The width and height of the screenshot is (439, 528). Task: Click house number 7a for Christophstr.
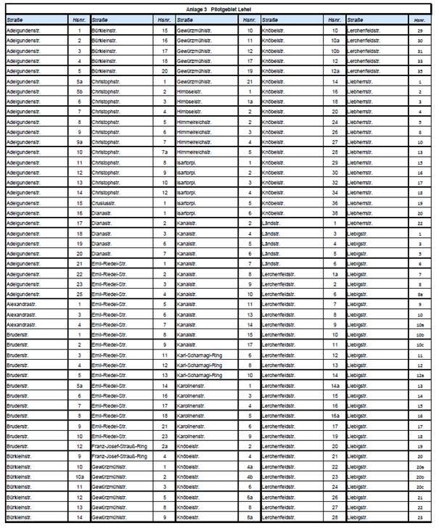[x=165, y=152]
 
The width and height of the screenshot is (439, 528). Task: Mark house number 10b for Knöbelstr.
[x=335, y=51]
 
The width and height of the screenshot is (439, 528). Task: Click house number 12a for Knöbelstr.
[x=335, y=72]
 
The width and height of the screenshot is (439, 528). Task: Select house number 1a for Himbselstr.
[x=250, y=102]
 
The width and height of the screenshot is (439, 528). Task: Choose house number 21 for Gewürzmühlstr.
[x=250, y=82]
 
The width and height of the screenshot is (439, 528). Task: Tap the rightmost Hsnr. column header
[x=419, y=20]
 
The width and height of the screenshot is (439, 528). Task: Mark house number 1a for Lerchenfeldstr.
[x=335, y=274]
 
